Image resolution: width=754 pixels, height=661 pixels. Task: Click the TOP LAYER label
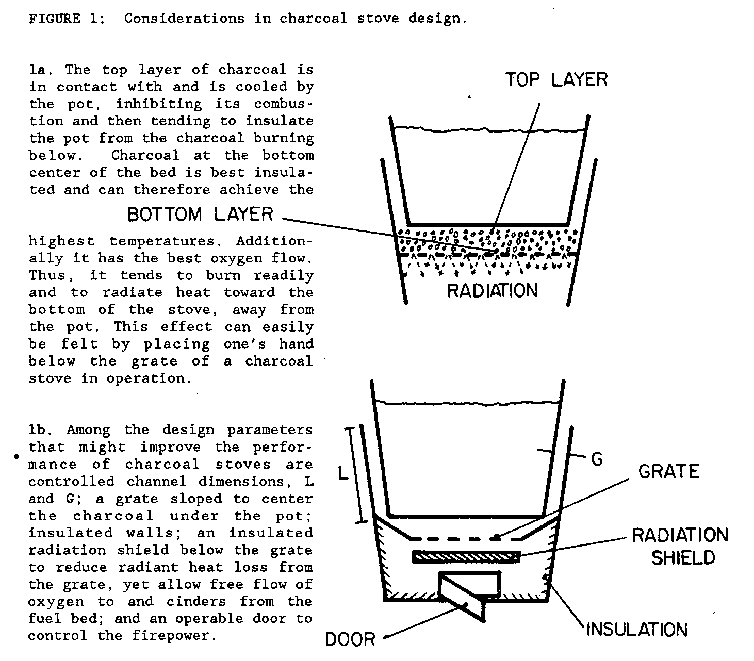point(556,80)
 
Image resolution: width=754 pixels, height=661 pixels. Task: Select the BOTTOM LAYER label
point(200,214)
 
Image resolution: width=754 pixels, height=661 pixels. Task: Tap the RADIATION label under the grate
point(492,291)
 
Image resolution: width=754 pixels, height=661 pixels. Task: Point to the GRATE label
point(668,472)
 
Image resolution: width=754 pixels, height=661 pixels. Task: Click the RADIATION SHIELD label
point(680,547)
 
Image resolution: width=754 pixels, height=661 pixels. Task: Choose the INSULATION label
point(637,630)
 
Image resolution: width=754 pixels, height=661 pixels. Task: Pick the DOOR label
point(350,639)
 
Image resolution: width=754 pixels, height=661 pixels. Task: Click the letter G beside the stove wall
point(597,459)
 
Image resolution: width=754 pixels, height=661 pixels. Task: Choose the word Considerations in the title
point(184,19)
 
